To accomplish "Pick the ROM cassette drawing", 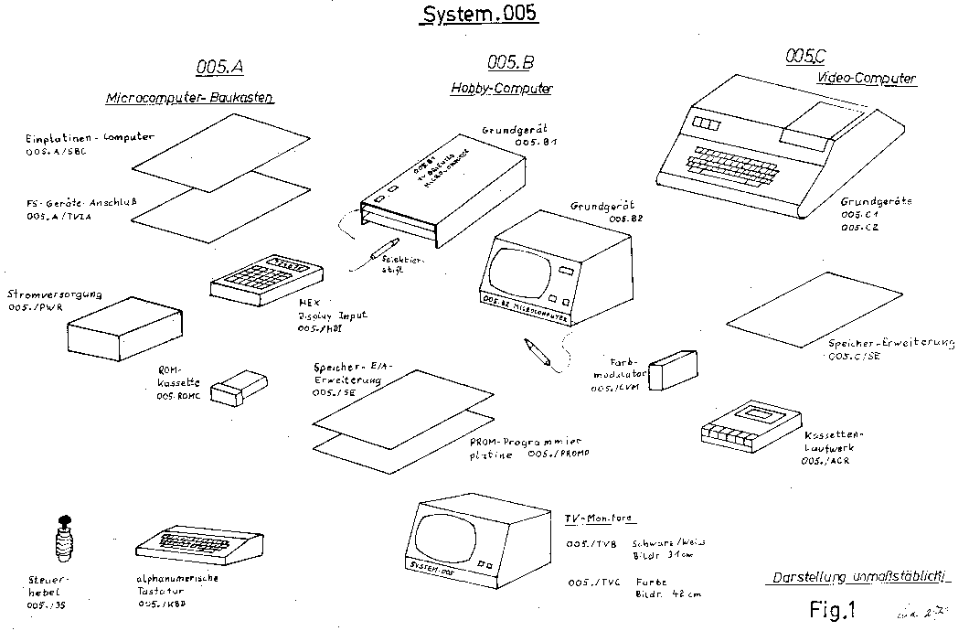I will [238, 386].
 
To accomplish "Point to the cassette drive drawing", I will [745, 422].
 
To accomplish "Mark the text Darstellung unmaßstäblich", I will [856, 578].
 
